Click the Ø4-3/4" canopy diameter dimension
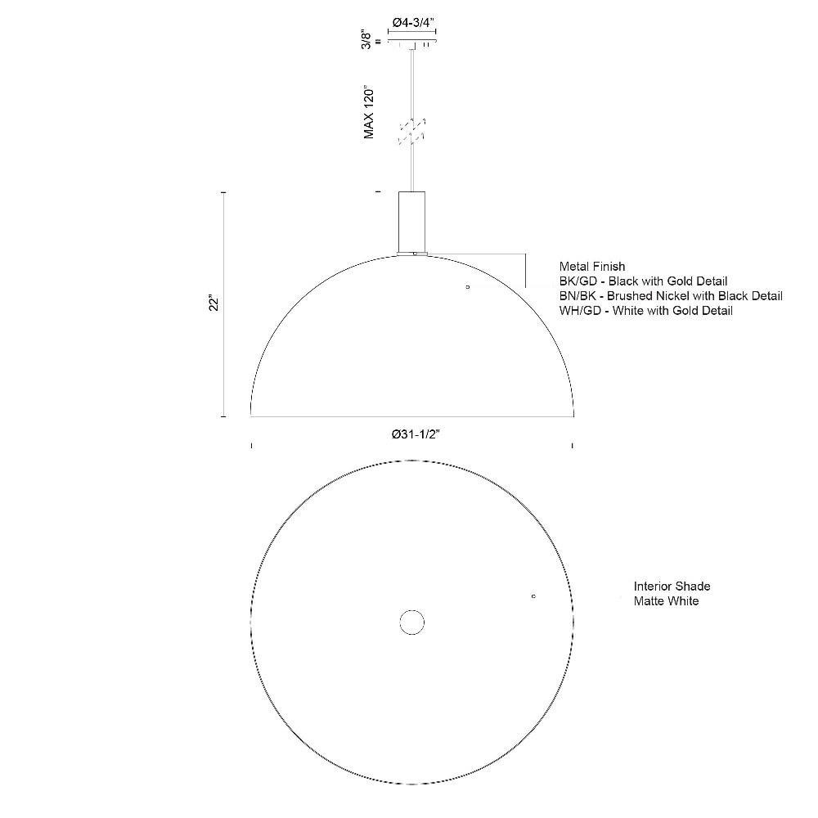tap(413, 22)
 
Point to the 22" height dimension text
tap(213, 304)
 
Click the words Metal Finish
tap(592, 267)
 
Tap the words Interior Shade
tap(672, 587)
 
